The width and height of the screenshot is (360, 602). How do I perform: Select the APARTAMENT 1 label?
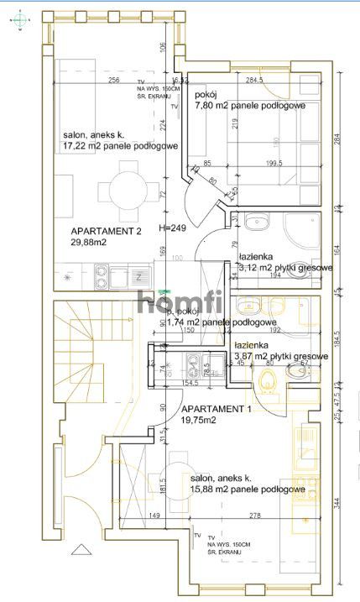coord(216,409)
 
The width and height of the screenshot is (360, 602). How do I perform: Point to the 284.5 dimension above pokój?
coord(255,81)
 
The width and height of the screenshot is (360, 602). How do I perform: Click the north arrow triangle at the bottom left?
coord(82,551)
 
